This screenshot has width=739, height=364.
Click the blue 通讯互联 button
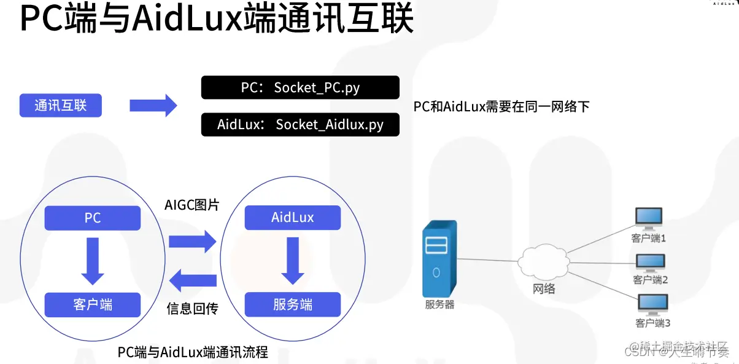(x=60, y=106)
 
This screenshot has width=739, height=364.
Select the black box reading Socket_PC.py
(x=300, y=87)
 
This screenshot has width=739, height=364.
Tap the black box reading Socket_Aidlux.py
(x=300, y=125)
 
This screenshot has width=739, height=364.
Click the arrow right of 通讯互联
(x=153, y=106)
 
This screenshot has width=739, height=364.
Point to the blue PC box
(x=93, y=218)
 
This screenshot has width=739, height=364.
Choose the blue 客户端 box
(x=93, y=304)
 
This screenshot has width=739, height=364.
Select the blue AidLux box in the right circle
(x=292, y=218)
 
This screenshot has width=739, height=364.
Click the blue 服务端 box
(x=292, y=304)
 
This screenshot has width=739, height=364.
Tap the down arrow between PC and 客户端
(x=93, y=261)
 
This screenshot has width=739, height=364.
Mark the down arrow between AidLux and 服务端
(x=292, y=261)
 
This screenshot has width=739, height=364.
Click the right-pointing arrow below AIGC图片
(x=192, y=239)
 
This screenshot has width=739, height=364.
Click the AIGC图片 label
(x=192, y=205)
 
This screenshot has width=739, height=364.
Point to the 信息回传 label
(x=192, y=309)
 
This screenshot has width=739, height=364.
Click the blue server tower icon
(x=439, y=258)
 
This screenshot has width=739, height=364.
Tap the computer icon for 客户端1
(x=649, y=218)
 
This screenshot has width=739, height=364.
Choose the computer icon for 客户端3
(x=652, y=304)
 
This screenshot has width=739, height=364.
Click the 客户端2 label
(x=650, y=280)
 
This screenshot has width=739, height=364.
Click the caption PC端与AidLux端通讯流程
(x=193, y=352)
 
